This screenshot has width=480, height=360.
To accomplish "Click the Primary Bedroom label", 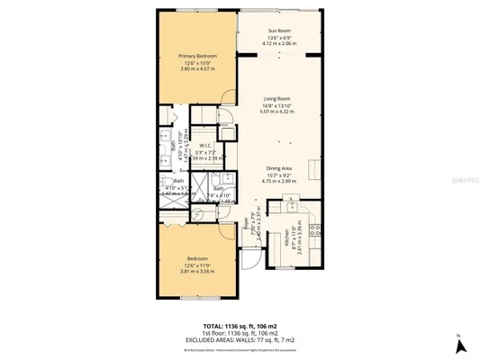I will pos(197,56).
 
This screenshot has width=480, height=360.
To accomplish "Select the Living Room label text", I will pos(279,99).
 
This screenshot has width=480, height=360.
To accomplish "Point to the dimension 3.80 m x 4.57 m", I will pos(197,69).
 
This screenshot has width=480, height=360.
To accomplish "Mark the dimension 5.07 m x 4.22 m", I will pos(279,112).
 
